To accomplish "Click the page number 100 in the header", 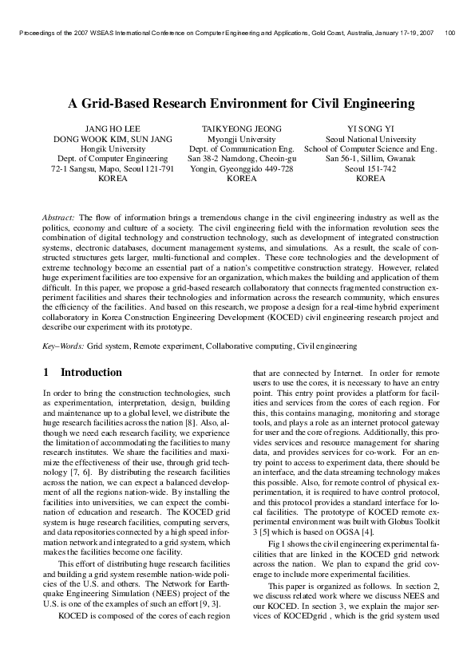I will (x=451, y=34).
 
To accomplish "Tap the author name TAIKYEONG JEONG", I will (x=242, y=128).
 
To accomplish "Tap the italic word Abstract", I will (x=58, y=217).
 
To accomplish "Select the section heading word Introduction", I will (x=92, y=373).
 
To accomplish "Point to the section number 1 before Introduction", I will (x=46, y=373).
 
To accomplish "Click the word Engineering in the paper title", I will (x=374, y=104).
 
